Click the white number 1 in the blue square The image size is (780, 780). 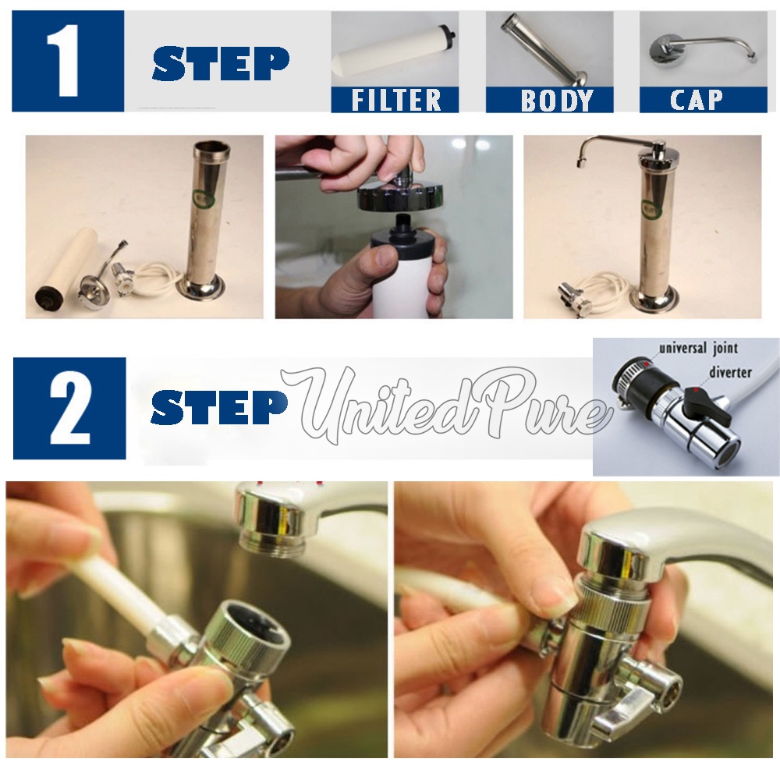point(63,61)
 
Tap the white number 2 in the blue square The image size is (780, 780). point(70,406)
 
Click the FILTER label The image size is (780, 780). point(396,100)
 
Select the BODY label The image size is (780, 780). point(557,100)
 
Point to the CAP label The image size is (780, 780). point(696,100)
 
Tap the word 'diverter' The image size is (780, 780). point(730,372)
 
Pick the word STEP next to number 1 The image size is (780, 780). point(220,64)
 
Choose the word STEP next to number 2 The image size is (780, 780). point(219,407)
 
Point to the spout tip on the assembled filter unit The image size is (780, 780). point(580,163)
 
